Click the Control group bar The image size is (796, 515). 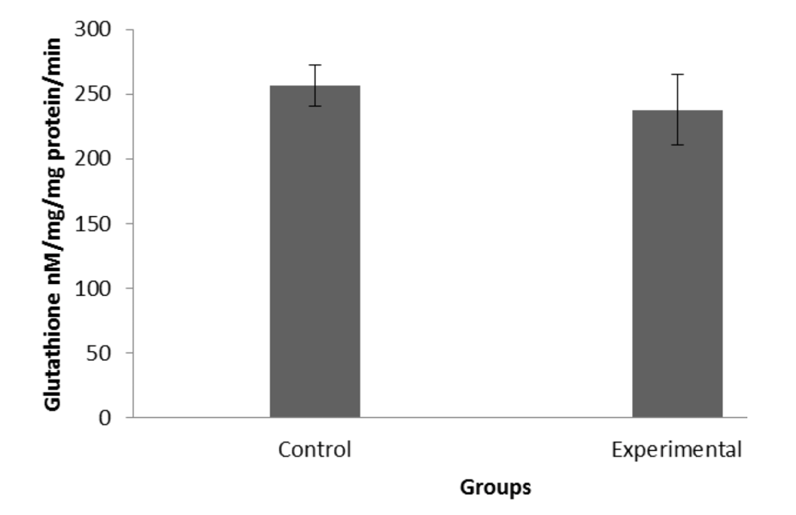(314, 251)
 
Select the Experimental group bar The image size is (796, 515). (677, 264)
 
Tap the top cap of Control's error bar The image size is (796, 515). (315, 65)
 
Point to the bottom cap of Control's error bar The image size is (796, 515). (315, 106)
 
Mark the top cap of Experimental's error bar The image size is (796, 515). (678, 75)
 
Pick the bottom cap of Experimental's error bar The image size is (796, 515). (678, 145)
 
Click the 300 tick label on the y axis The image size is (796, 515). (93, 29)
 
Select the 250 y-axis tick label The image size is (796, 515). (93, 94)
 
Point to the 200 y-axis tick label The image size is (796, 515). (93, 158)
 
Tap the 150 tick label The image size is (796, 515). (93, 224)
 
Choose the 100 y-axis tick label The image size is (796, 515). (93, 288)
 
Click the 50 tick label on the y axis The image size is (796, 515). (99, 352)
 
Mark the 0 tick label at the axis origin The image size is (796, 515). (105, 417)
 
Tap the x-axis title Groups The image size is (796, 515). (496, 487)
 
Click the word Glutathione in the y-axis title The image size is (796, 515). (53, 352)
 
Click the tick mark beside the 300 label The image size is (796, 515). (129, 29)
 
